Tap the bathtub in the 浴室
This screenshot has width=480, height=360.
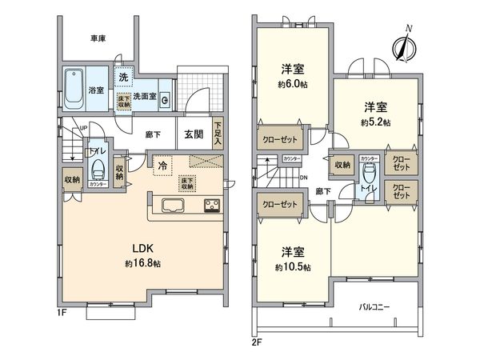point(74,90)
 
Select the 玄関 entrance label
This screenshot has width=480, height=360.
point(194,134)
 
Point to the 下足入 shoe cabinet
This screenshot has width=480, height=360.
point(218,134)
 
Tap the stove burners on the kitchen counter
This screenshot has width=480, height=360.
point(213,206)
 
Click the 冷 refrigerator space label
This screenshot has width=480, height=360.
point(162,166)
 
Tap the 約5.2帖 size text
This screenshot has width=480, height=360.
point(375,122)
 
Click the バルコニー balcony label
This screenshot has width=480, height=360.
point(374,306)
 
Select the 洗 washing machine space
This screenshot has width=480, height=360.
point(123,78)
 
